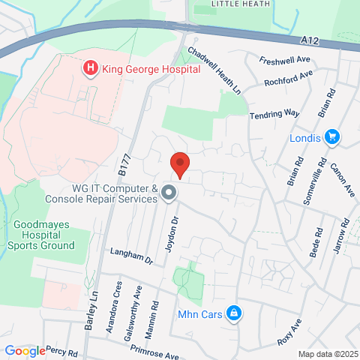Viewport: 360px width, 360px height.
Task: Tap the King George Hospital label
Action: pyautogui.click(x=151, y=69)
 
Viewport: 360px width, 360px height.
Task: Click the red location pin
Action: pyautogui.click(x=179, y=163)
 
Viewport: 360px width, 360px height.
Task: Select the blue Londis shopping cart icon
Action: pyautogui.click(x=333, y=137)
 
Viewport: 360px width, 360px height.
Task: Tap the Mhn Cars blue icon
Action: pyautogui.click(x=233, y=313)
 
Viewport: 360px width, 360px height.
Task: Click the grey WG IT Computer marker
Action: pyautogui.click(x=169, y=194)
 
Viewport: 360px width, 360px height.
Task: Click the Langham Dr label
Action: pyautogui.click(x=131, y=256)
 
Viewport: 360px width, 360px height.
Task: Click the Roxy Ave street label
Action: pyautogui.click(x=288, y=331)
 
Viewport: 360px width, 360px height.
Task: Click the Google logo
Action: pyautogui.click(x=25, y=350)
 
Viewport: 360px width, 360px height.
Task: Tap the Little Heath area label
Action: pyautogui.click(x=238, y=4)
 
